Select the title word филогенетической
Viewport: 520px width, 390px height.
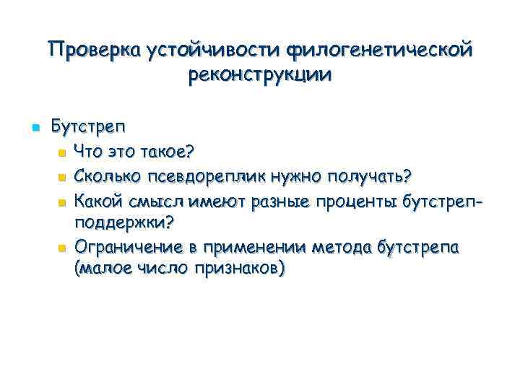[381, 51]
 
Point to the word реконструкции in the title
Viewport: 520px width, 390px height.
[260, 74]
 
